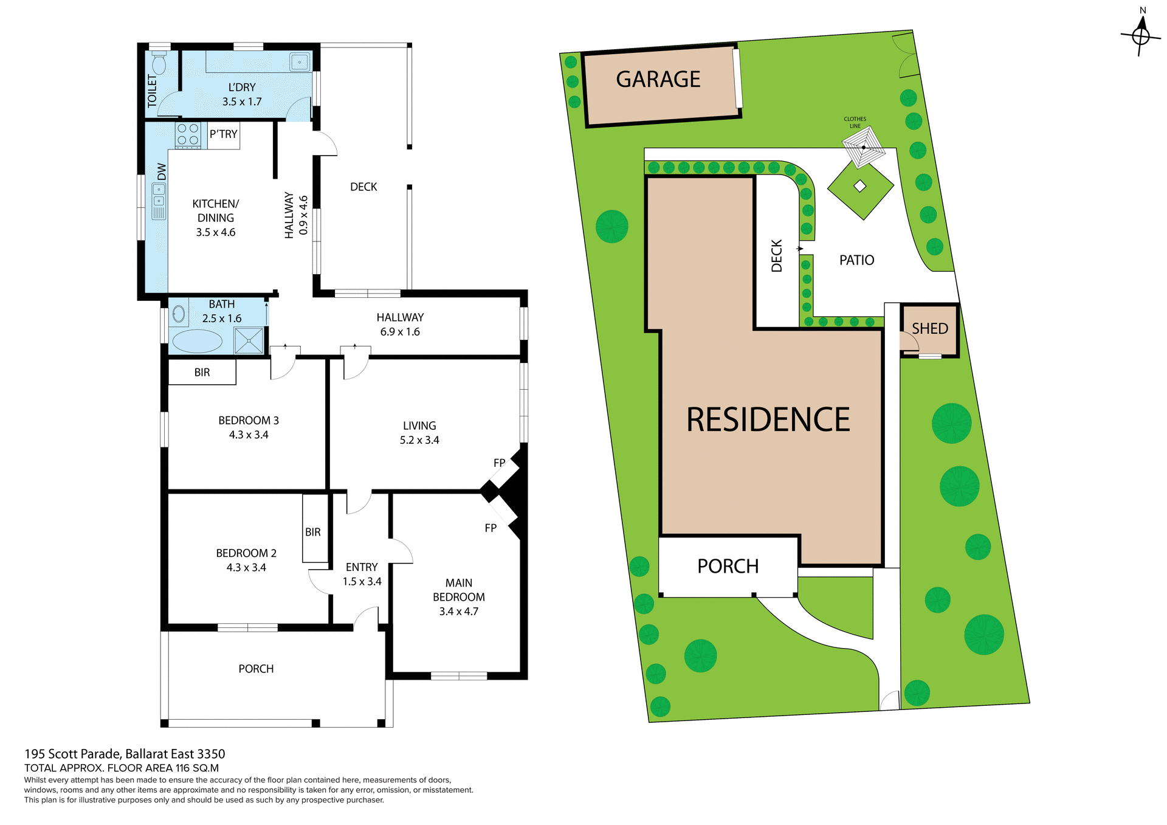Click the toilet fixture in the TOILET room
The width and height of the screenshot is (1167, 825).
click(x=159, y=63)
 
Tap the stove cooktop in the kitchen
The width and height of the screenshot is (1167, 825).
click(x=187, y=134)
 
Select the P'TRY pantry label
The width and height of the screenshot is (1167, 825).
click(x=223, y=134)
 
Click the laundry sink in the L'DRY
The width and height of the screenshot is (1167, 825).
click(x=300, y=62)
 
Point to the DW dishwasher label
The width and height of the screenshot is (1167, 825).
click(x=162, y=171)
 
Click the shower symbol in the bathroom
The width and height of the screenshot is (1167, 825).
click(x=249, y=340)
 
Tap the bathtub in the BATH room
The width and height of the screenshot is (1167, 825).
click(x=197, y=341)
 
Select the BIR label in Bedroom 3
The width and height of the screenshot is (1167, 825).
click(x=202, y=372)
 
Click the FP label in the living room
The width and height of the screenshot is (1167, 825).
click(x=499, y=463)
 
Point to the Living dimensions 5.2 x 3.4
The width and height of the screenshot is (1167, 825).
click(x=419, y=440)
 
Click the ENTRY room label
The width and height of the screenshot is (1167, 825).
click(x=362, y=567)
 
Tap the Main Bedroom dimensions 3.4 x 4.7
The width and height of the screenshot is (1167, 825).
click(x=458, y=612)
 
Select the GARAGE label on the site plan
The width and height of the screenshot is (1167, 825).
click(x=658, y=80)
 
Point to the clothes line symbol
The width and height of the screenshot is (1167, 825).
click(x=863, y=147)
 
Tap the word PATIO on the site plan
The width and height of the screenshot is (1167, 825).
click(x=856, y=260)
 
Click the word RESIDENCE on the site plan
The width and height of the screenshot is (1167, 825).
click(x=768, y=419)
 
